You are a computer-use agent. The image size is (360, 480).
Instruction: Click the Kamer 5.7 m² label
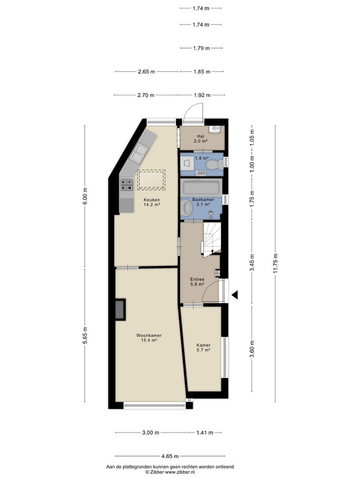203,347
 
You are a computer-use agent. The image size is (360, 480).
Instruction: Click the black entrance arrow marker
235,295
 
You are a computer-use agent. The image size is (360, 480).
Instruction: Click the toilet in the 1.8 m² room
215,166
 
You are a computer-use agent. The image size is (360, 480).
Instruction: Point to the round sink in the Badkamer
187,208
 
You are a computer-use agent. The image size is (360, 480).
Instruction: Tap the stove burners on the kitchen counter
127,185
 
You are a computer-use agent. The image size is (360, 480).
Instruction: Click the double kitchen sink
139,153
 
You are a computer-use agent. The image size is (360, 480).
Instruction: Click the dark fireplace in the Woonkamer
121,310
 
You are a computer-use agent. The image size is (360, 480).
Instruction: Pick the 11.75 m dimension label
275,263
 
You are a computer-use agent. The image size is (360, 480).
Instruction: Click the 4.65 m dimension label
170,456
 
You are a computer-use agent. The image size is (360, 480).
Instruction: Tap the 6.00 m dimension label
85,196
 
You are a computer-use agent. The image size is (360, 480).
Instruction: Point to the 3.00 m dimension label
151,433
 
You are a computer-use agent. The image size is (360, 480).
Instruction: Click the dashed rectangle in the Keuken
151,179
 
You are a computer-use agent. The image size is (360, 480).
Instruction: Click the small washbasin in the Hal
214,129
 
